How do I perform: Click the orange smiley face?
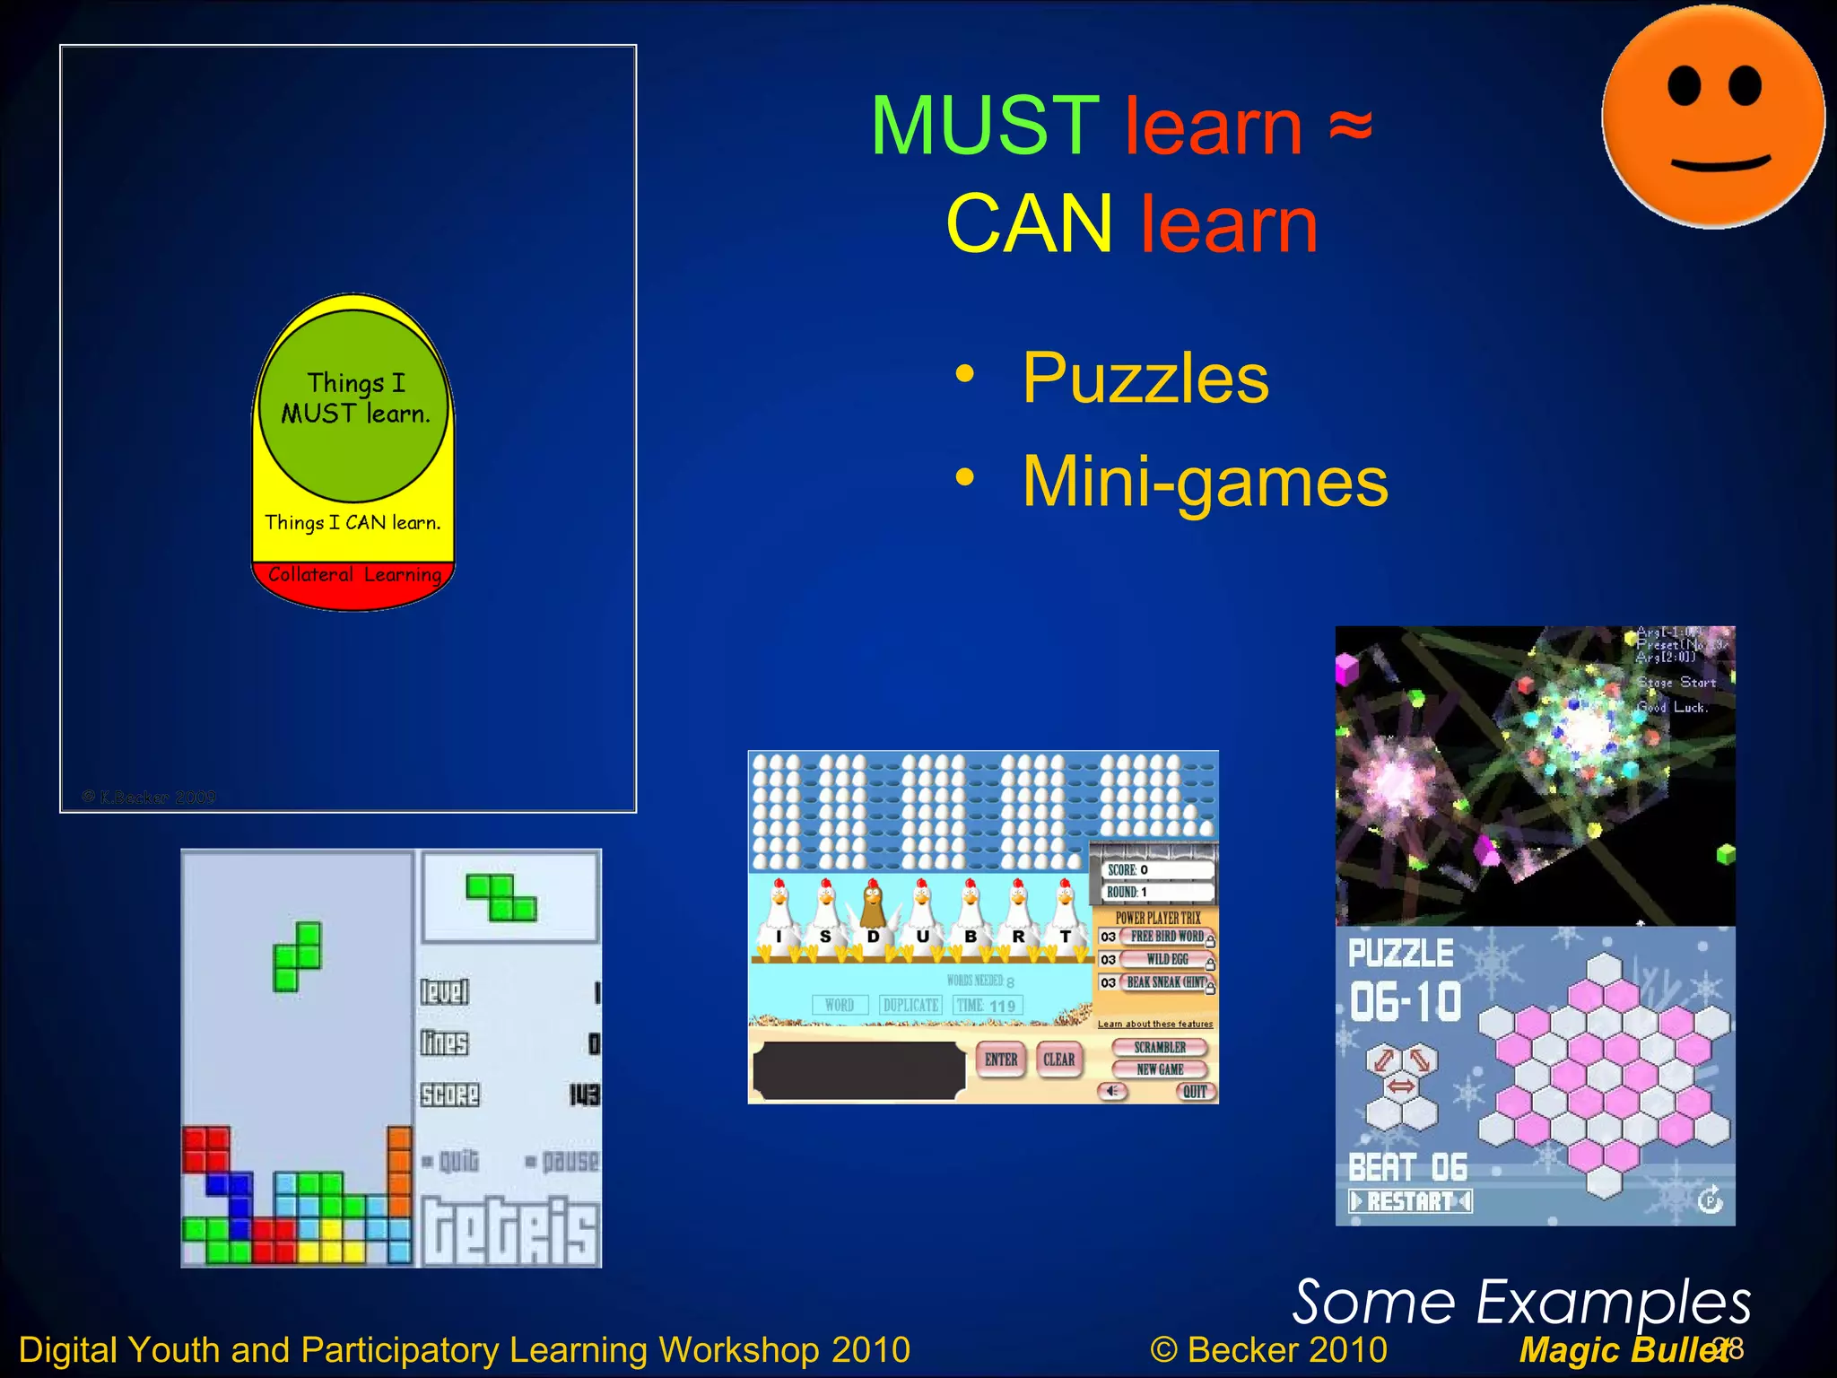pyautogui.click(x=1712, y=117)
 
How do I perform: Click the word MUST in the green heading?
pyautogui.click(x=984, y=126)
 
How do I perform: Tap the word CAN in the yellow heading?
pyautogui.click(x=1029, y=224)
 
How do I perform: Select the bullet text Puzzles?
pyautogui.click(x=1145, y=379)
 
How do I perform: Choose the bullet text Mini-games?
pyautogui.click(x=1205, y=483)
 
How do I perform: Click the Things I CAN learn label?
pyautogui.click(x=353, y=523)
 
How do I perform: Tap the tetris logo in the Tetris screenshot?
pyautogui.click(x=509, y=1231)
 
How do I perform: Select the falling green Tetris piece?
pyautogui.click(x=298, y=956)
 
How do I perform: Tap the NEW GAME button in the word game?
pyautogui.click(x=1160, y=1069)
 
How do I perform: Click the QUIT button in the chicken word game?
pyautogui.click(x=1195, y=1092)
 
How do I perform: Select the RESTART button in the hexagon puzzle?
pyautogui.click(x=1410, y=1201)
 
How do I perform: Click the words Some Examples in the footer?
pyautogui.click(x=1521, y=1303)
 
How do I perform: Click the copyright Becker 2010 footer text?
pyautogui.click(x=1268, y=1350)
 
